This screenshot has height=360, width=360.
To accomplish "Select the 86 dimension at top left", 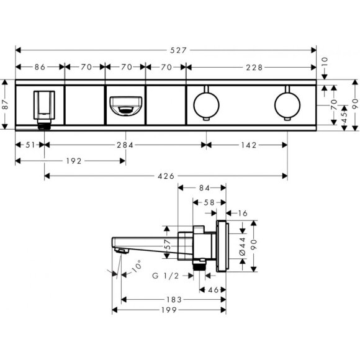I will point(40,67).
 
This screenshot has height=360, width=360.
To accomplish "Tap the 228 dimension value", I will point(252,67).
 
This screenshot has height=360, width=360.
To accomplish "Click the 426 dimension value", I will point(165,176).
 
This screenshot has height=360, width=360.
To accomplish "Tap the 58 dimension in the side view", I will point(209,202).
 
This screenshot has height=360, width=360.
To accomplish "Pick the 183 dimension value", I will point(174,299).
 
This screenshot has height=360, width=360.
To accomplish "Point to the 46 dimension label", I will point(214,289).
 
